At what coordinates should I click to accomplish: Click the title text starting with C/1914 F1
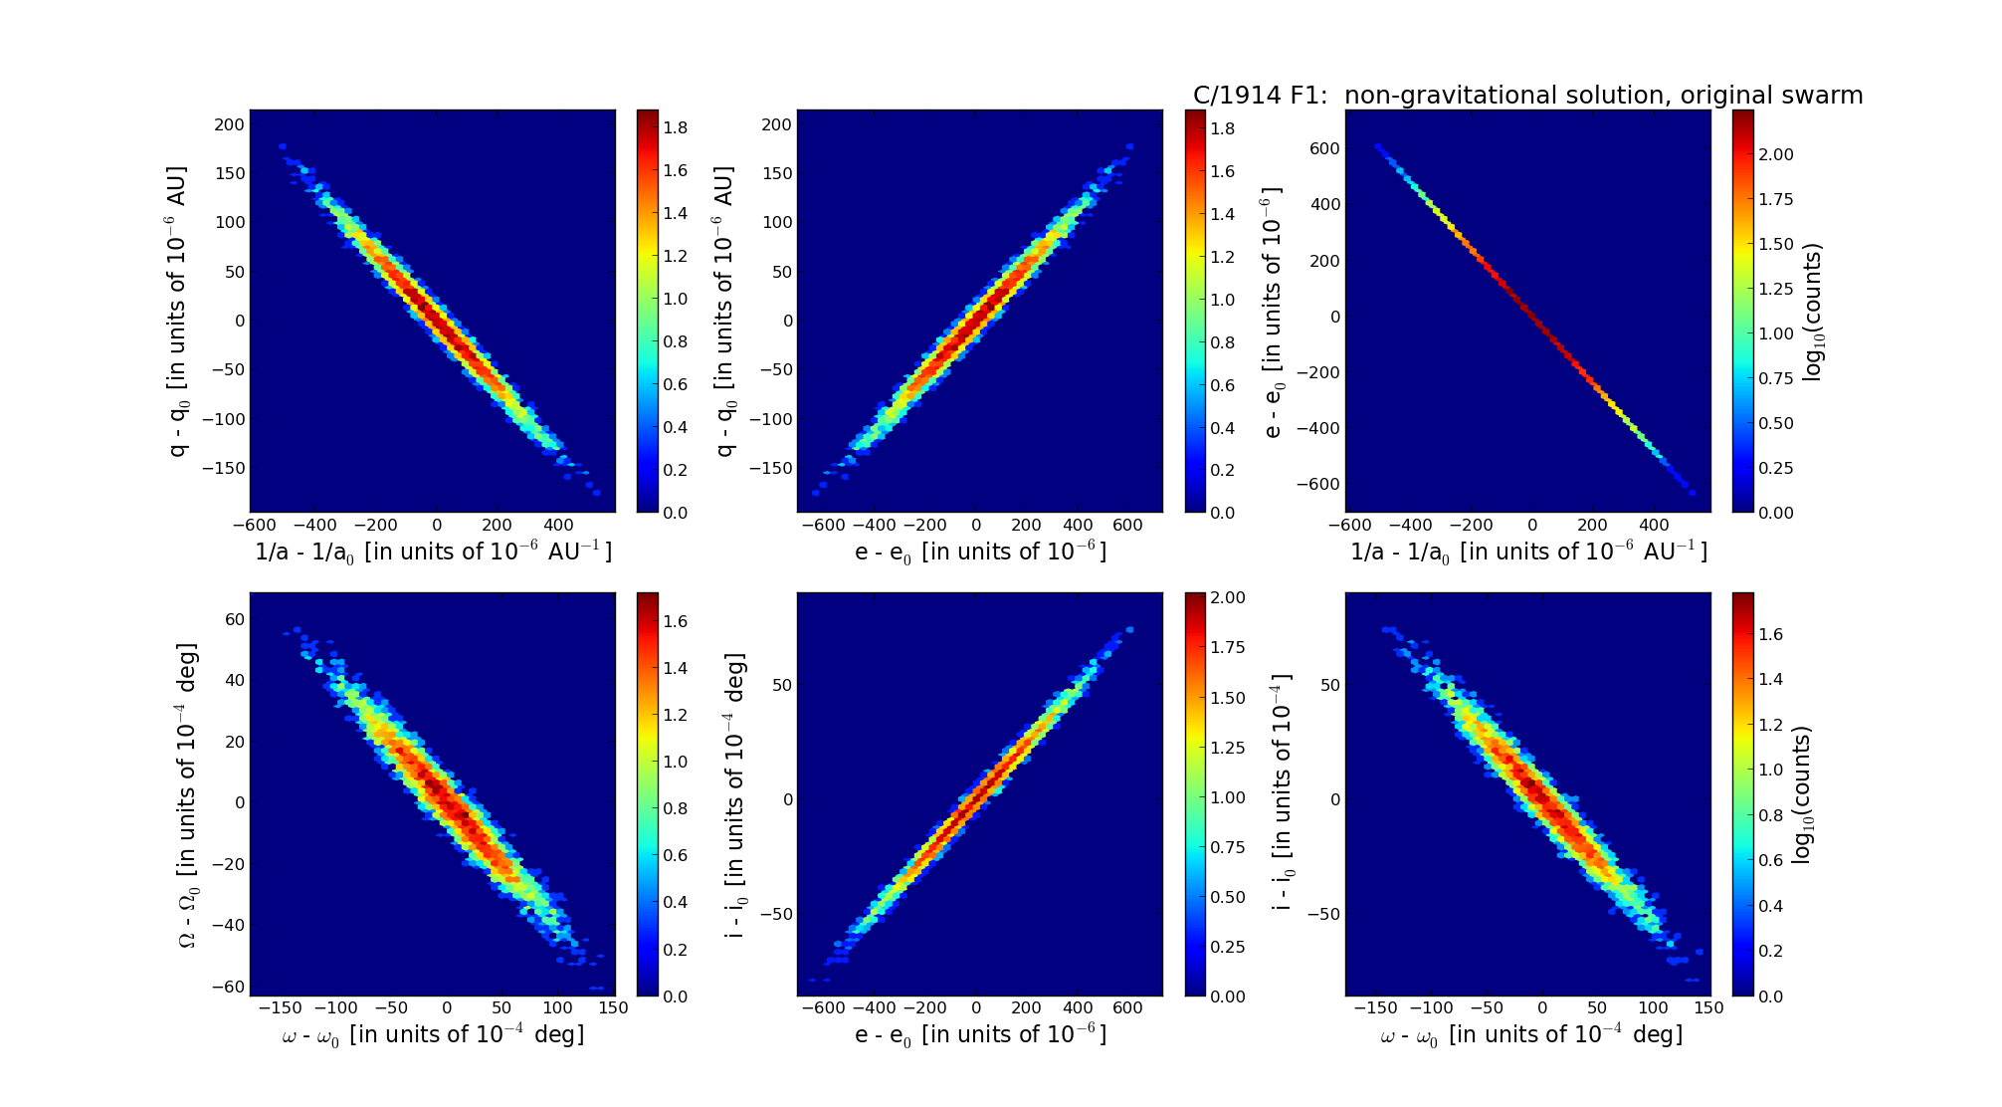point(1527,96)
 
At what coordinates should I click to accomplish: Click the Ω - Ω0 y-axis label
point(188,794)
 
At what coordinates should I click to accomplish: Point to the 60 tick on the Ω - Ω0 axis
point(234,619)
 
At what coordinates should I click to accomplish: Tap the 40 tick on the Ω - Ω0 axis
point(234,680)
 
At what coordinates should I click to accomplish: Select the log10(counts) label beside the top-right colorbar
point(1812,312)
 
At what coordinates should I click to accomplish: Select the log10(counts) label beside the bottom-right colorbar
point(1802,794)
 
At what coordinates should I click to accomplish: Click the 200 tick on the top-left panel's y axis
point(229,124)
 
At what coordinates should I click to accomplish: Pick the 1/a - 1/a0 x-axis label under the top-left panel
point(433,552)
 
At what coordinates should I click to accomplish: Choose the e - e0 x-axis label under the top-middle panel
point(980,552)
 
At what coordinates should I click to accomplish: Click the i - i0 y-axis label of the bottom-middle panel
point(735,794)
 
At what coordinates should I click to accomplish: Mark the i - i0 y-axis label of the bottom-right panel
point(1283,794)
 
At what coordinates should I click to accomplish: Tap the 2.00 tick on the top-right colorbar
point(1776,154)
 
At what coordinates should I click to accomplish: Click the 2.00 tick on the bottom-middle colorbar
point(1228,597)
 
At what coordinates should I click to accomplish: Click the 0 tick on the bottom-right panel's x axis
point(1542,1007)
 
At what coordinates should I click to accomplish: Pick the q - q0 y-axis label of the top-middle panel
point(725,312)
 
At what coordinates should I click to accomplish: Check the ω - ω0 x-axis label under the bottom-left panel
point(433,1035)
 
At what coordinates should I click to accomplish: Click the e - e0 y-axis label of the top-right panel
point(1273,312)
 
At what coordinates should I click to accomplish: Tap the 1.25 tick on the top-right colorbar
point(1776,289)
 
